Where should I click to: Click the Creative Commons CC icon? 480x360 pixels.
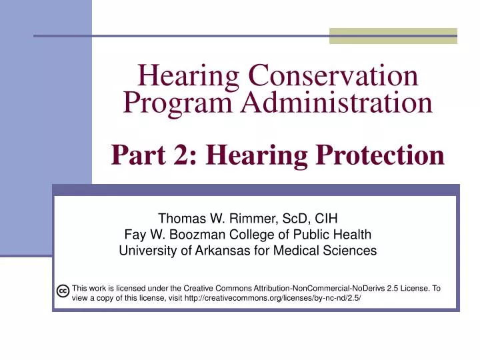pos(62,291)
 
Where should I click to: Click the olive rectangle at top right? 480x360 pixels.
pos(393,36)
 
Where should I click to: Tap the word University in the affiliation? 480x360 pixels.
pos(145,251)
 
